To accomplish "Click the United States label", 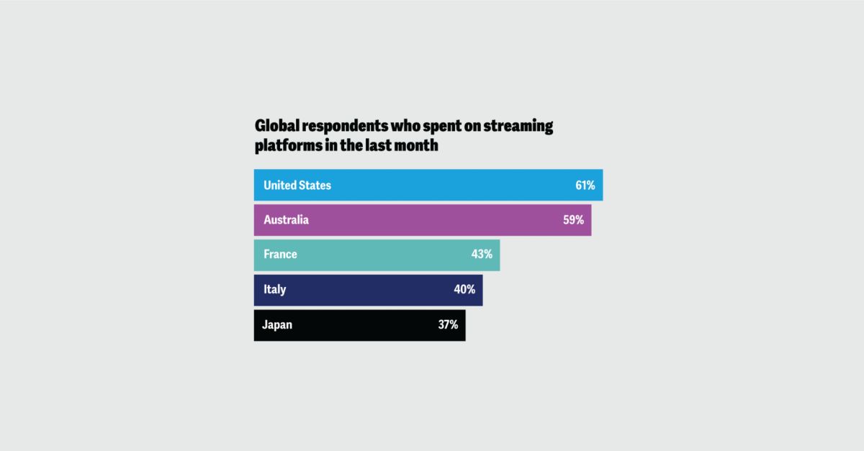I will [x=297, y=186].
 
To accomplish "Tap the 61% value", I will [x=585, y=186].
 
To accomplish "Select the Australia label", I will [x=286, y=220].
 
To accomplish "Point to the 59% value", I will [x=573, y=220].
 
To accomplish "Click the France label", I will [x=280, y=255].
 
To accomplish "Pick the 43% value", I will [x=482, y=255].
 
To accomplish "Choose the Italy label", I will [x=274, y=289].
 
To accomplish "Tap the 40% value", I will [x=464, y=289].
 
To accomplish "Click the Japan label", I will [x=278, y=324].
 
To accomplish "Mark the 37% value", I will [x=448, y=324].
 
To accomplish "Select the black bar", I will [x=360, y=324].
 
